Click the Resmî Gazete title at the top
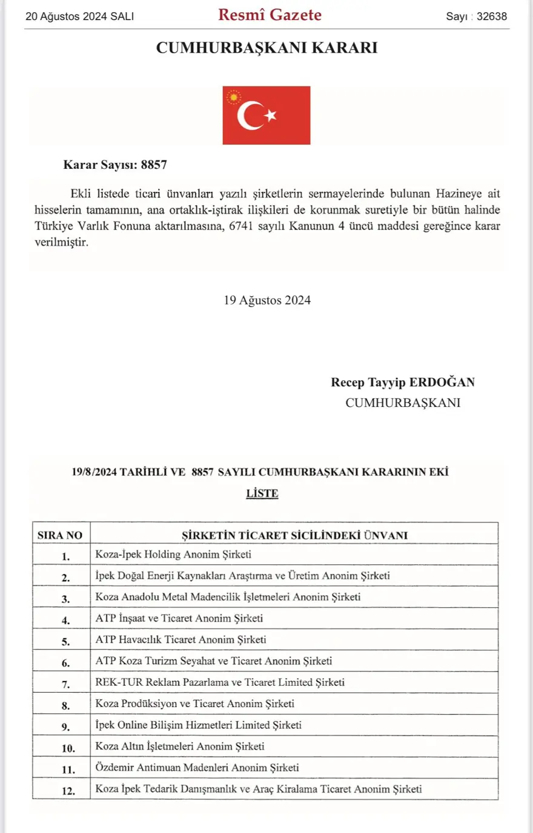click(x=270, y=15)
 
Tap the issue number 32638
click(x=491, y=16)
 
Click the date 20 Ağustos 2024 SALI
click(x=79, y=16)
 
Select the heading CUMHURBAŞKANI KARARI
click(x=266, y=48)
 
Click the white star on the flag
click(x=271, y=115)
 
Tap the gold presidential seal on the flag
click(x=233, y=97)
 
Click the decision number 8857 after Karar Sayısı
click(x=154, y=165)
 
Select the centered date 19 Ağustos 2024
click(x=267, y=300)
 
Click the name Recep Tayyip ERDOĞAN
click(x=403, y=383)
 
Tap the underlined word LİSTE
click(x=262, y=493)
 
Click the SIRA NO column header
click(x=60, y=535)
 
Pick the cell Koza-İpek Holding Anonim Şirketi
click(x=173, y=555)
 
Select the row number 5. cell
click(x=65, y=642)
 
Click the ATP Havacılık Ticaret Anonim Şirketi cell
click(x=180, y=640)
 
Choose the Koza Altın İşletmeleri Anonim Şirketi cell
click(x=180, y=746)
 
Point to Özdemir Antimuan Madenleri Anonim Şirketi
click(x=197, y=768)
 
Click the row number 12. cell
click(x=68, y=791)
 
